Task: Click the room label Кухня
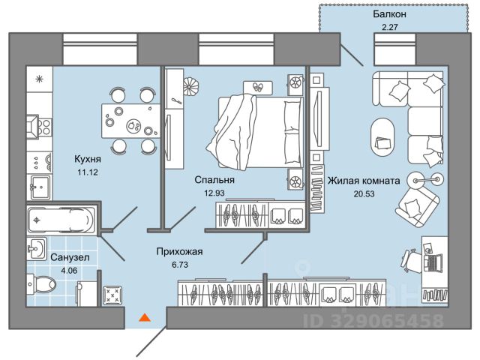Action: point(87,159)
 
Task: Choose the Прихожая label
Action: point(180,252)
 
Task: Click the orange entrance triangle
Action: point(144,318)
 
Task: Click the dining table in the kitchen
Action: point(129,118)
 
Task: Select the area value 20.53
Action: point(362,194)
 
